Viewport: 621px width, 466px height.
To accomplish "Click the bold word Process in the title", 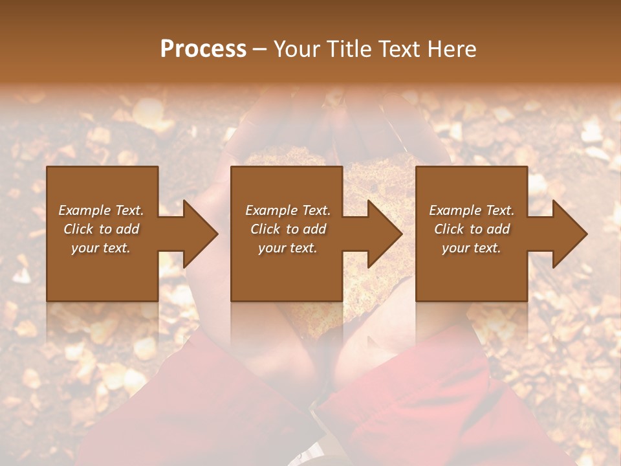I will point(203,49).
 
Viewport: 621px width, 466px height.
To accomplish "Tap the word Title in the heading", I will point(347,49).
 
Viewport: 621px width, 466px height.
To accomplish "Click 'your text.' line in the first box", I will point(101,248).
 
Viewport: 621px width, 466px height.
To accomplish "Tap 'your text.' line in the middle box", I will point(287,248).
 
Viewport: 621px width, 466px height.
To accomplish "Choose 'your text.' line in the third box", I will point(471,248).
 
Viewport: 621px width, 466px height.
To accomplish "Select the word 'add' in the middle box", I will point(314,229).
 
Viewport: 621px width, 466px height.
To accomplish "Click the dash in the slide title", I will point(259,49).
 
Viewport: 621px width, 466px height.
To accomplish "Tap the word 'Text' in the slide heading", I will point(398,49).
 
